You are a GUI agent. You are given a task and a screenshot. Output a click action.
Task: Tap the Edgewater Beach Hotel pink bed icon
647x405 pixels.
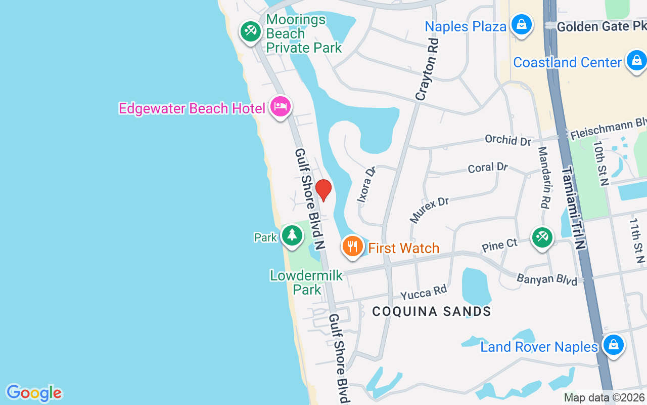[281, 106]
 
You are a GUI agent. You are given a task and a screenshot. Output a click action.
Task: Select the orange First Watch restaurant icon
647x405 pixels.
[352, 247]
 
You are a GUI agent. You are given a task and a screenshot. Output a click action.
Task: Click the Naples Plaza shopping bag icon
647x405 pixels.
[521, 24]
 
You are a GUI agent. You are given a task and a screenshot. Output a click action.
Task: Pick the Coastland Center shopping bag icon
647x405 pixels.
[636, 61]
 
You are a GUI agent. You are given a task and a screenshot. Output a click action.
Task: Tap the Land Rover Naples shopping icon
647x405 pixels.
[613, 345]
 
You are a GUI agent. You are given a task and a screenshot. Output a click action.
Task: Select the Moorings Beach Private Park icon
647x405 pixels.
[250, 31]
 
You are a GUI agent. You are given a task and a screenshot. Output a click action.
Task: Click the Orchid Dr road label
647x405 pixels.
[507, 140]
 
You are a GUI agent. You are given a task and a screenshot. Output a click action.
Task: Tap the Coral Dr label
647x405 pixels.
[488, 167]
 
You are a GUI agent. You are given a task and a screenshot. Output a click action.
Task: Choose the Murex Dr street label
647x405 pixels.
[429, 210]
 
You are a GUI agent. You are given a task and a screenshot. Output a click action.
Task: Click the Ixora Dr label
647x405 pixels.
[367, 184]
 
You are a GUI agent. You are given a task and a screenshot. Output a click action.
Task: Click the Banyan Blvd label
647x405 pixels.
[546, 279]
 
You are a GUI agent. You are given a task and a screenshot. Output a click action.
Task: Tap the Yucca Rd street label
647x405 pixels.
[424, 292]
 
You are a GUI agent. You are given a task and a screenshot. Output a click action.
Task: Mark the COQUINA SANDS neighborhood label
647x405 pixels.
[432, 311]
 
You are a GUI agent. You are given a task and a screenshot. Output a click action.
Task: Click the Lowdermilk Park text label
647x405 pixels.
[306, 282]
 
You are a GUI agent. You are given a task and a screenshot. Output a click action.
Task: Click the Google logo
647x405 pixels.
[34, 393]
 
